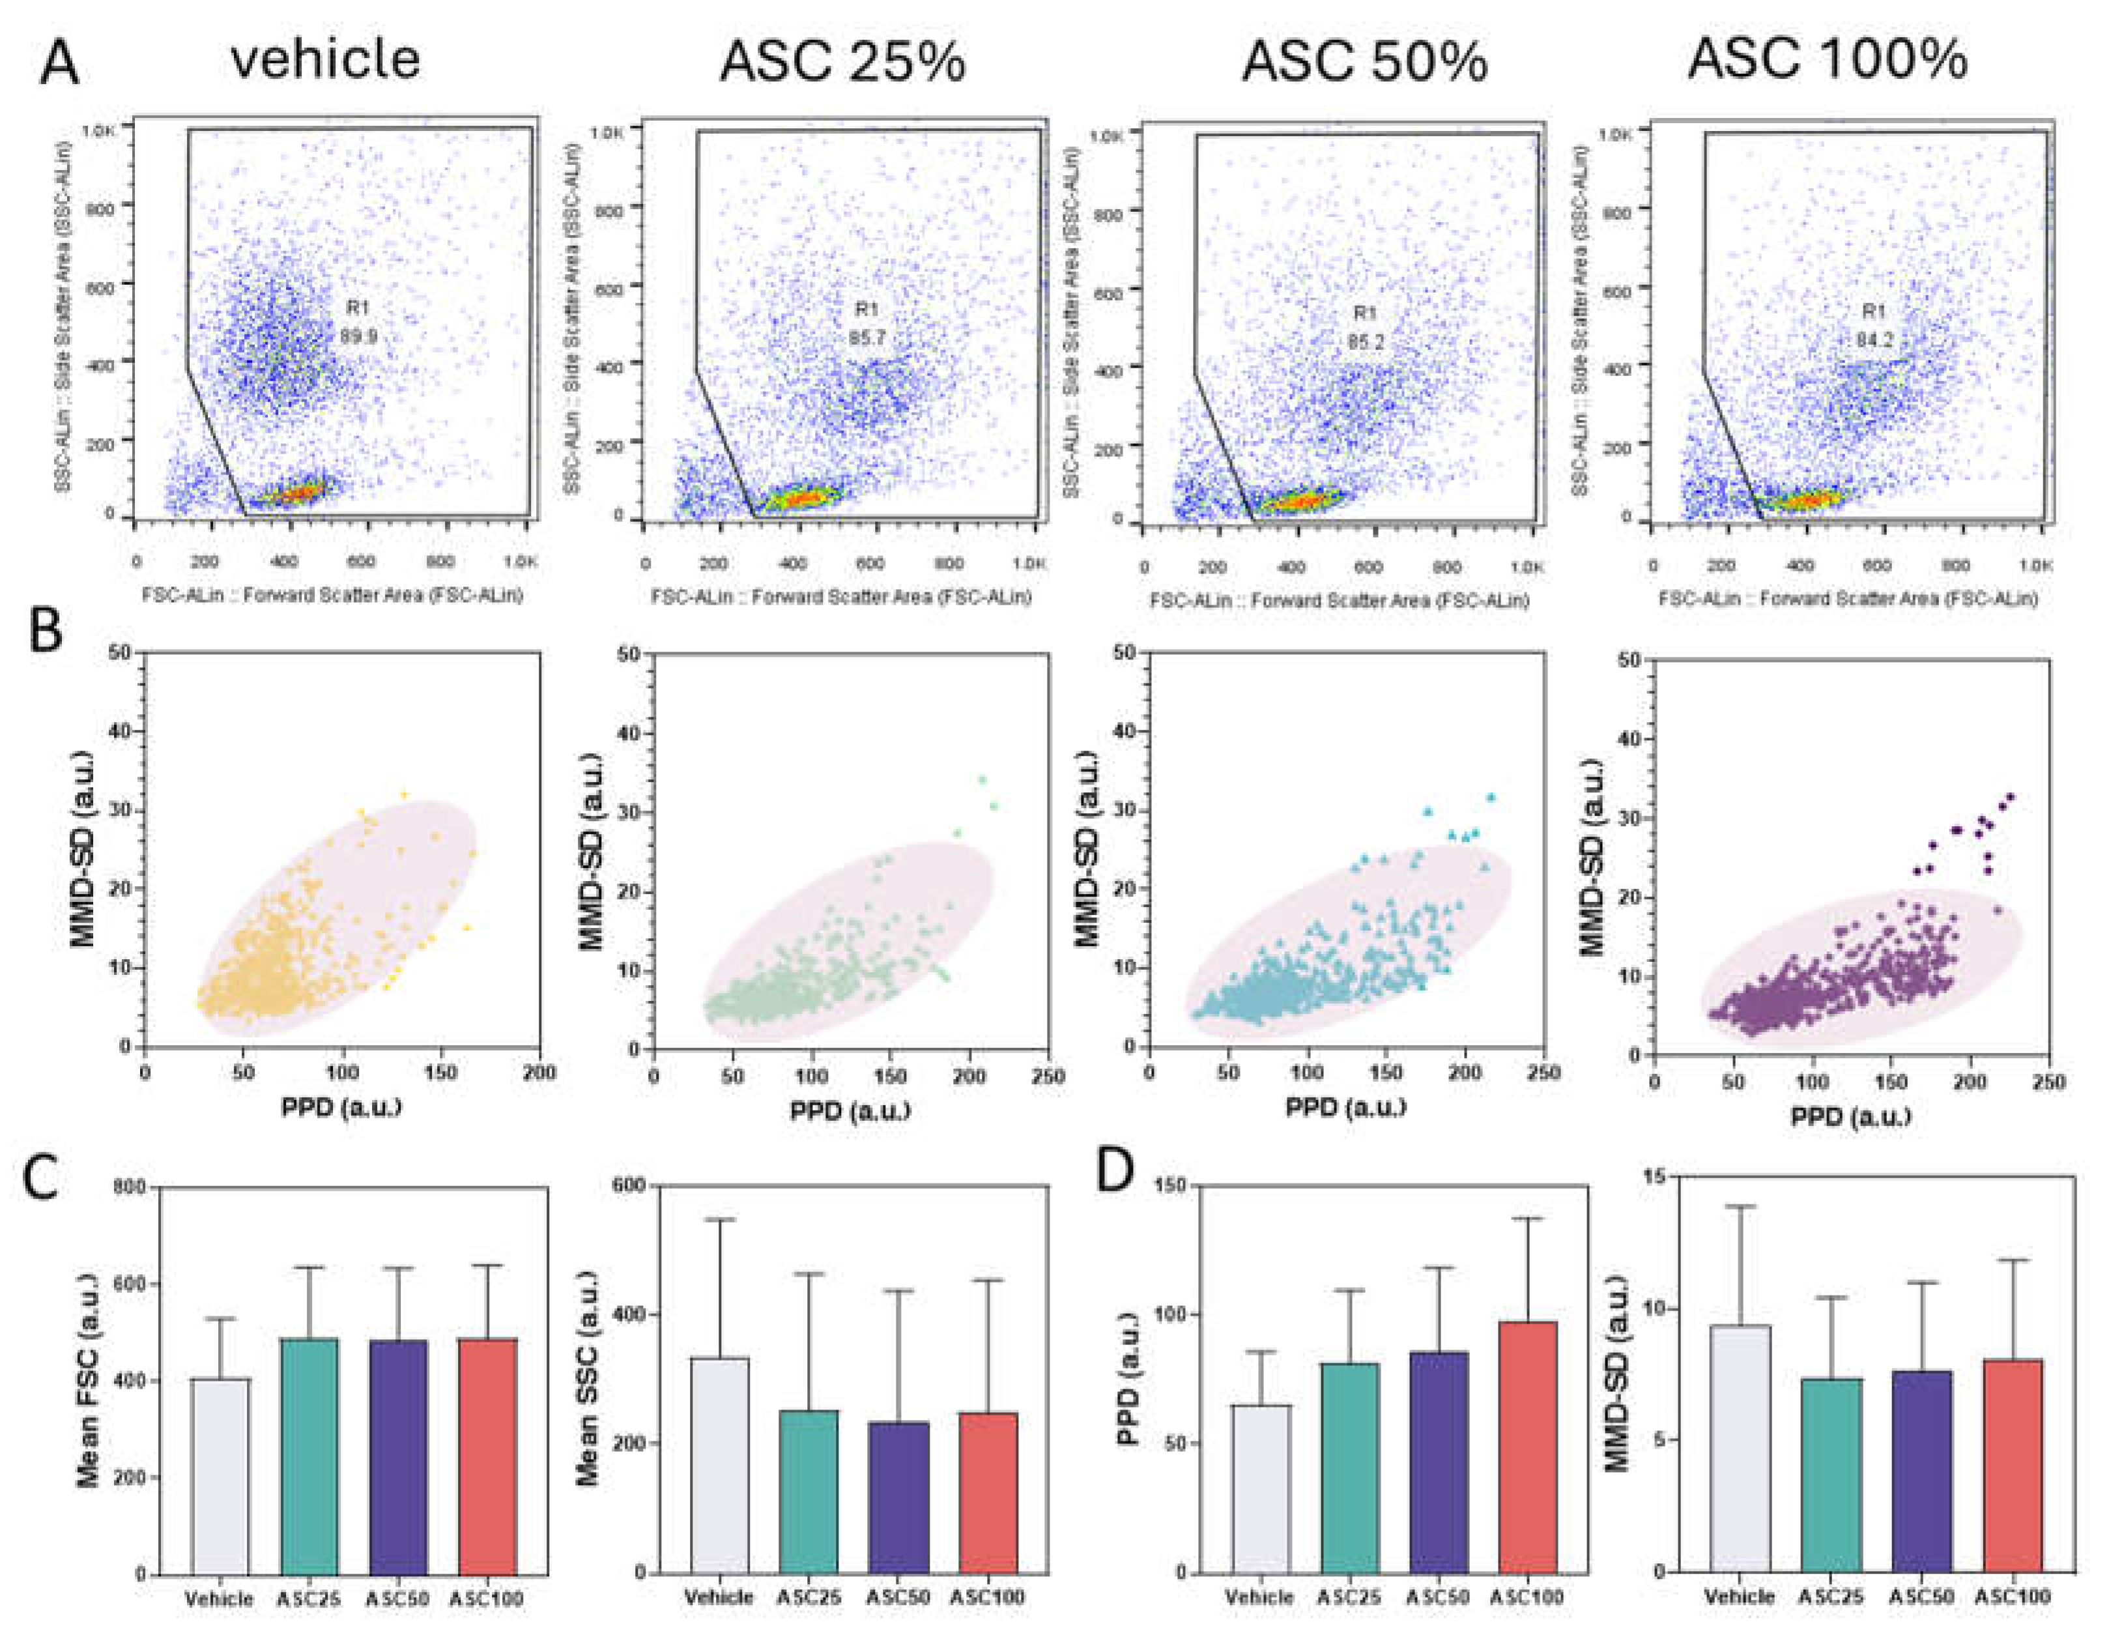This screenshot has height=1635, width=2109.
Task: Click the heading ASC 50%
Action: tap(1364, 62)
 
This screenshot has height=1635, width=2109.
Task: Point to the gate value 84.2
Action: tap(1874, 340)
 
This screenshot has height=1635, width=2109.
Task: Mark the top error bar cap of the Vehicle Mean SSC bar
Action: tap(719, 1220)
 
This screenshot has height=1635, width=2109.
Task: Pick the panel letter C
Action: tap(40, 1178)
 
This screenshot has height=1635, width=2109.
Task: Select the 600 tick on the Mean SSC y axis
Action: tap(629, 1186)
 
